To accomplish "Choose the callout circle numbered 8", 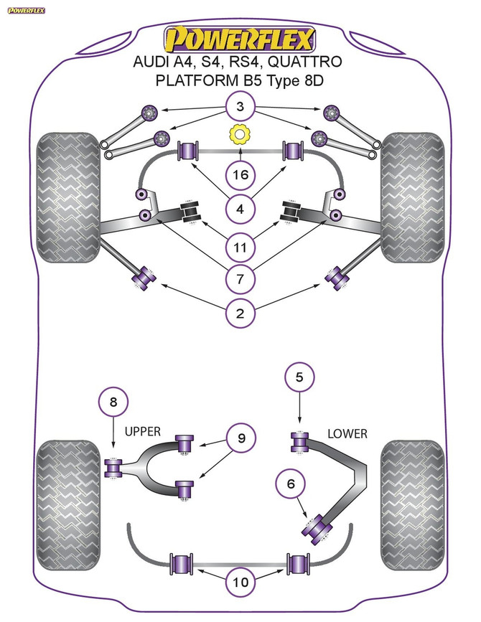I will point(112,403).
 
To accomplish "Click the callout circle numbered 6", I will point(291,484).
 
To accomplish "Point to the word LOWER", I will point(347,433).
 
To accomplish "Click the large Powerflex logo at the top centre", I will point(239,37).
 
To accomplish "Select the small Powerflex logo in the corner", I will point(27,10).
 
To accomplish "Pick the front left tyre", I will point(66,197).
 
